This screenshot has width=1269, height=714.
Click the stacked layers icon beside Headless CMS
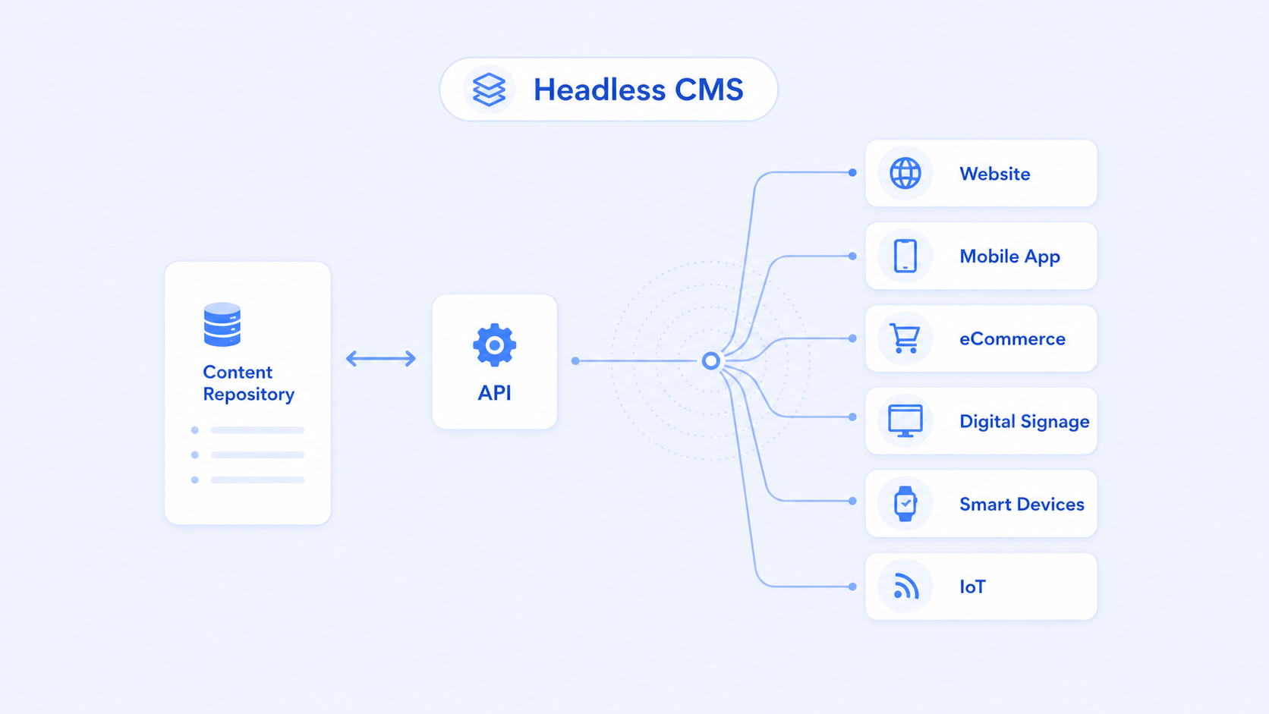(x=489, y=90)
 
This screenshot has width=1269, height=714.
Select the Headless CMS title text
(x=638, y=90)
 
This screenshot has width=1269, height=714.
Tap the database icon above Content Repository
(x=222, y=325)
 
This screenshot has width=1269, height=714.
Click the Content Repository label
(x=249, y=382)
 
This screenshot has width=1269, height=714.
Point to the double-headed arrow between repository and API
(x=381, y=358)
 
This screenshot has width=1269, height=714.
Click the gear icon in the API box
(x=495, y=344)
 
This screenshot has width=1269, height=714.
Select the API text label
(x=495, y=393)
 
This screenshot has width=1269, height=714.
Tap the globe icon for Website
(x=905, y=173)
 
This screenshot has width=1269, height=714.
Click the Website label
(x=995, y=174)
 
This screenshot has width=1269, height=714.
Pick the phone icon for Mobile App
(x=905, y=256)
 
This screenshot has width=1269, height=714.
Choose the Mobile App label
(x=1009, y=256)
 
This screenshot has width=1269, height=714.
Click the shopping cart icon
(x=904, y=338)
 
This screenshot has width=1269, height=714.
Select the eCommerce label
(x=1012, y=338)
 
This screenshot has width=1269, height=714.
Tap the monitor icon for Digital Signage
(x=905, y=420)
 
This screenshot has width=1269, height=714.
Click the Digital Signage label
(x=1025, y=422)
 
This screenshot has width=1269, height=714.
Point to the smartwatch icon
(x=905, y=503)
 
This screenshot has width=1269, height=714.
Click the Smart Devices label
(x=1022, y=504)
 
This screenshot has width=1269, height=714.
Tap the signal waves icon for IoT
(x=906, y=586)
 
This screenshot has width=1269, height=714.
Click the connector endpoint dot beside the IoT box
(x=852, y=587)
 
